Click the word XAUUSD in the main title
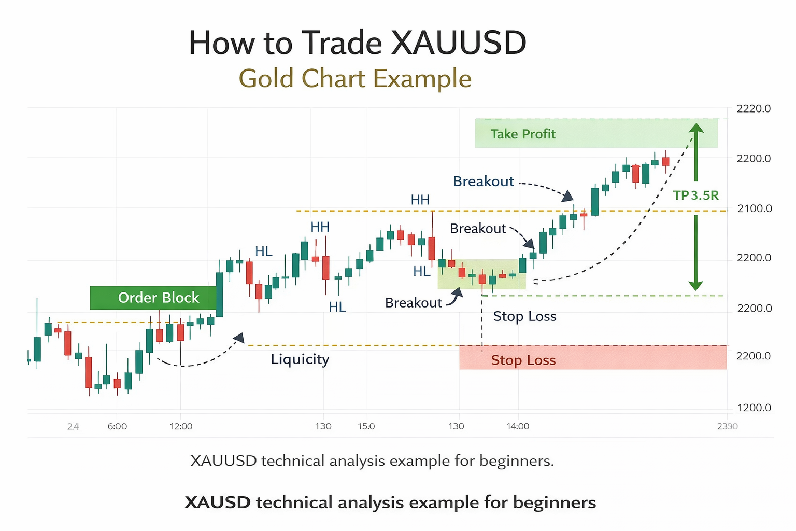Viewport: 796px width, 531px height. click(x=458, y=43)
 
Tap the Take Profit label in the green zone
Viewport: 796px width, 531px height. click(x=522, y=134)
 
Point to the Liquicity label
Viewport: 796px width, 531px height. click(x=300, y=359)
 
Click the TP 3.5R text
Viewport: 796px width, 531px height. click(x=695, y=195)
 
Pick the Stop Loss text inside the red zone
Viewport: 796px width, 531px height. click(x=523, y=360)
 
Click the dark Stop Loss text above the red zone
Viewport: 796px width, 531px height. click(x=524, y=316)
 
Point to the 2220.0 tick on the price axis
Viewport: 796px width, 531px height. click(x=753, y=109)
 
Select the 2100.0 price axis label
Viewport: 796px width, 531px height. click(x=754, y=208)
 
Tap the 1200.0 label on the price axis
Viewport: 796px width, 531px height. click(x=754, y=408)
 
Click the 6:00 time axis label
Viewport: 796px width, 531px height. click(x=117, y=426)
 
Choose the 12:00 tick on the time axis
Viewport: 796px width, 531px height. click(x=181, y=426)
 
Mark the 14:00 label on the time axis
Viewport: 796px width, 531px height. click(x=518, y=426)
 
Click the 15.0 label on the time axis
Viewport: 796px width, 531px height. click(x=366, y=426)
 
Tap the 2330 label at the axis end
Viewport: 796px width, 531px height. click(x=727, y=426)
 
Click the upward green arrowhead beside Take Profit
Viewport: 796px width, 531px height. click(x=695, y=128)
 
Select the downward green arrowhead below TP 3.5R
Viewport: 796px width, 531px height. click(x=695, y=286)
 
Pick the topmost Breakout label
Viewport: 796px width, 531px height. click(x=483, y=181)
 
